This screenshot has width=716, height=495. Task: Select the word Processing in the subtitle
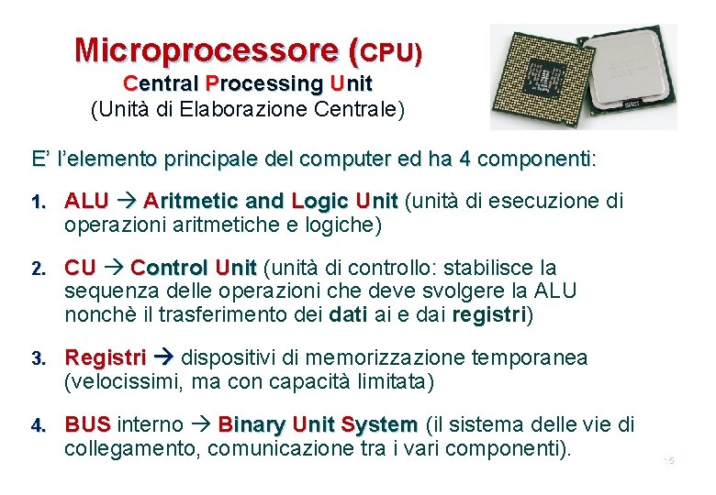(x=265, y=83)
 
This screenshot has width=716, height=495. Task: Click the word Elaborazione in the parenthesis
(x=242, y=110)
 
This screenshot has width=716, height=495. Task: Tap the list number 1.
(x=38, y=202)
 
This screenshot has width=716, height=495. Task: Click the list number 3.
(x=38, y=358)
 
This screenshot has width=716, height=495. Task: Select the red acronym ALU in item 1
(x=86, y=201)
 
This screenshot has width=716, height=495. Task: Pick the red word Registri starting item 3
(x=106, y=357)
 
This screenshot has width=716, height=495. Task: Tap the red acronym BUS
(x=87, y=425)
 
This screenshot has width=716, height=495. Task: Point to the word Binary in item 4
(x=252, y=425)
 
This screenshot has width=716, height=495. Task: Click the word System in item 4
(x=378, y=425)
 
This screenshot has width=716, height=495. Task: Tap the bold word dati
(x=347, y=315)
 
